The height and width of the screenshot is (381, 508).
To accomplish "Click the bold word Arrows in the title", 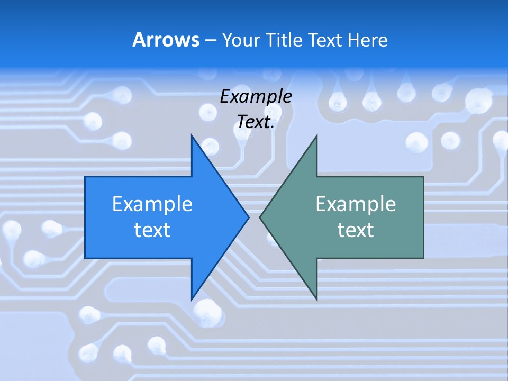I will pos(166,40).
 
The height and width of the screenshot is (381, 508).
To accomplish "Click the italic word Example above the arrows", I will pos(256,97).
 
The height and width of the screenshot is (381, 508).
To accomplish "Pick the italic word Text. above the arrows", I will pos(256,122).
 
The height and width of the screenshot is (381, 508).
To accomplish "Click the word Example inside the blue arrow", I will pos(152,204).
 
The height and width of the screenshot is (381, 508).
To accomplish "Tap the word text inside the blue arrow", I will pos(152,230).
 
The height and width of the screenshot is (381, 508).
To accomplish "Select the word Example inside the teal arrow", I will pos(356,204).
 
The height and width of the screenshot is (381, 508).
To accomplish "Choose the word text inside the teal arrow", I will pos(356,230).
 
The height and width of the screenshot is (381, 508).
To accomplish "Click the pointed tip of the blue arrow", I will pos(248,217).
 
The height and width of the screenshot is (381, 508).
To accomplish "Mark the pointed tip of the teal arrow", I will pos(260,217).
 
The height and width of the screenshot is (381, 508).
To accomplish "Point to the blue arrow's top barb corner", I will pos(192,136).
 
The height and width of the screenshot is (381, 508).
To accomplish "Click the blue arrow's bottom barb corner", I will pos(192,299).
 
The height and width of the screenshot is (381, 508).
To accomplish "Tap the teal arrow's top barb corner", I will pos(316,136).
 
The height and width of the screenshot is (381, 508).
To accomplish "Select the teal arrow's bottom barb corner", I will pos(316,299).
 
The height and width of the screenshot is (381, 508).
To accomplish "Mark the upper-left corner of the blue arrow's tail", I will pos(86,177).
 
